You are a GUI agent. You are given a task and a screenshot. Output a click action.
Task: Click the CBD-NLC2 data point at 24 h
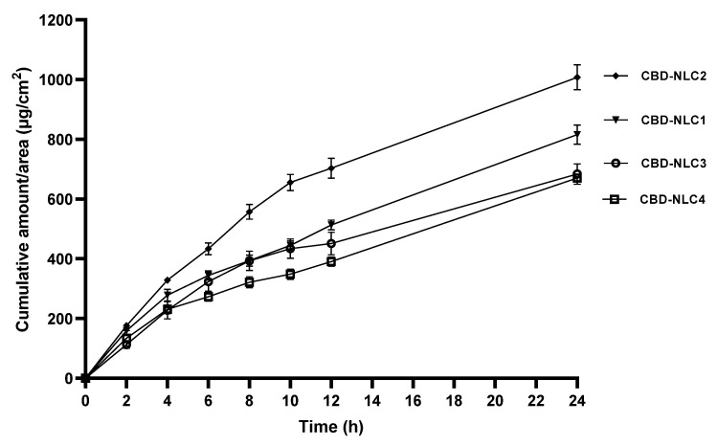[576, 78]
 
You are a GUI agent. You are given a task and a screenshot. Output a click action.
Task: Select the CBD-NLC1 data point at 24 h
[576, 135]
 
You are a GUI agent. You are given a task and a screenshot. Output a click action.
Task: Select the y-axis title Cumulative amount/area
[20, 199]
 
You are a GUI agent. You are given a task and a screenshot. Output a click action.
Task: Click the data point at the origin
[86, 378]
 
